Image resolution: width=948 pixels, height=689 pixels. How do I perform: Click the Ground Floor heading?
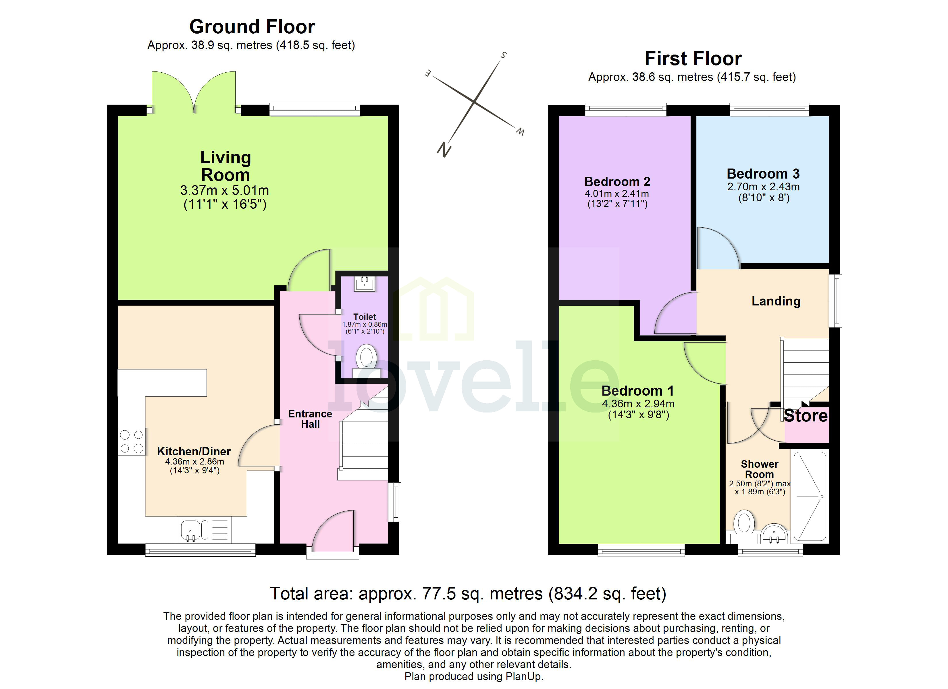[252, 27]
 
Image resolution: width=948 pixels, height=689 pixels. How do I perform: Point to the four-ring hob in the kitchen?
[132, 441]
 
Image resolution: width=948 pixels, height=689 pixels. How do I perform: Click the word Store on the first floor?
[806, 416]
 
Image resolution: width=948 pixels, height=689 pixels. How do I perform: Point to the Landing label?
[776, 301]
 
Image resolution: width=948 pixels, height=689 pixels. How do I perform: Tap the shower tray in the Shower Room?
[810, 496]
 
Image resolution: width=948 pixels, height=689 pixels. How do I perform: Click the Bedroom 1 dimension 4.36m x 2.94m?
[638, 404]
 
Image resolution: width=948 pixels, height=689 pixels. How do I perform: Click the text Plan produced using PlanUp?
[474, 676]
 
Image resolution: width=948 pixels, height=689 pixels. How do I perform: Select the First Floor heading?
[693, 59]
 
